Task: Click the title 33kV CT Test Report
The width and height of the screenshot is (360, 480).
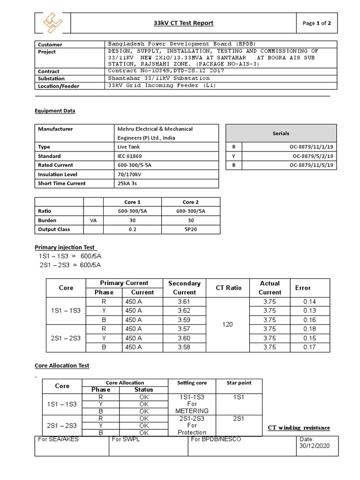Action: tap(184, 23)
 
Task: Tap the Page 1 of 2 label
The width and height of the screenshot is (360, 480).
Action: tap(317, 23)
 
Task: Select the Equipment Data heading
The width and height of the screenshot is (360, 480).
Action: tap(55, 111)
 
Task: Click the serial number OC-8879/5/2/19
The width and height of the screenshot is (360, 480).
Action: tap(312, 156)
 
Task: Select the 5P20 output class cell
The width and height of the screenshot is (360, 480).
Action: tap(190, 229)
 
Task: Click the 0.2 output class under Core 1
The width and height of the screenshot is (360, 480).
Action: tap(132, 229)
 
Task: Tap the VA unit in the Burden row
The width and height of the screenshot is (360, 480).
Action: tap(93, 220)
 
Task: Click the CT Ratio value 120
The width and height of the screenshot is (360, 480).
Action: tap(228, 324)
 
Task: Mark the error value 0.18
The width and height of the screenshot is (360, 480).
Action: tap(309, 329)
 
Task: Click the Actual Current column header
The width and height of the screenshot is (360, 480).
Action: tap(270, 287)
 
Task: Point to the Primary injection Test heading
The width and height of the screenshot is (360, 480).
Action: tap(66, 247)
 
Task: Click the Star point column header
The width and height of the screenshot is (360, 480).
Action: tap(239, 383)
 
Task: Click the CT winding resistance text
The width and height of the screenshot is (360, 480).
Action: tap(299, 427)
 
